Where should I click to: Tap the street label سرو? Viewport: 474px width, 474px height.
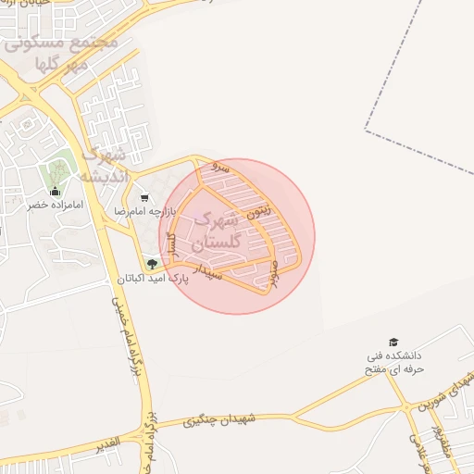point(219,168)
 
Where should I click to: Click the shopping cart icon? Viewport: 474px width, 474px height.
point(144,197)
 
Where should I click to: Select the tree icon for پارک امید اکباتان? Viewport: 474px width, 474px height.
point(153,264)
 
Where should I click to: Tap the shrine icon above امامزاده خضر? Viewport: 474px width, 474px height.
point(54,191)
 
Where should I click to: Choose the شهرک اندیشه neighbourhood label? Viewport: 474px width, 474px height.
point(103,166)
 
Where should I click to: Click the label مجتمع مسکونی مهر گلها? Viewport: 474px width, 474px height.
point(61,53)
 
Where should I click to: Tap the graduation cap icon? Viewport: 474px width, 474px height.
point(393,343)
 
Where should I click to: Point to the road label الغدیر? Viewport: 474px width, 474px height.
point(109,445)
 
